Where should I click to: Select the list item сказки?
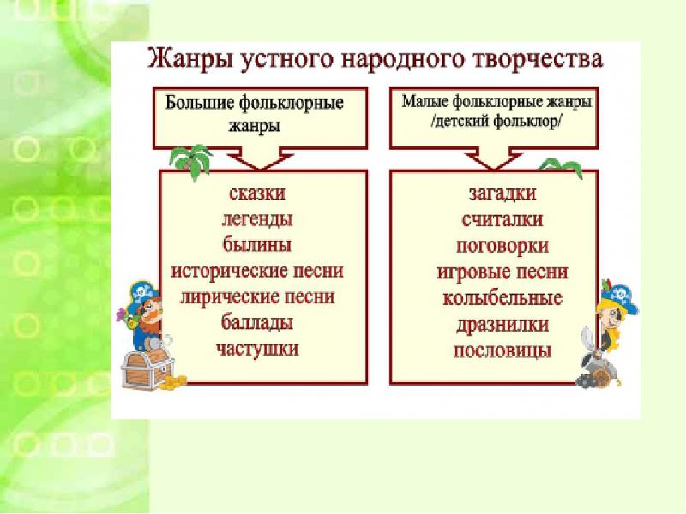click(x=257, y=194)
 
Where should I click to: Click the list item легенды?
click(x=257, y=219)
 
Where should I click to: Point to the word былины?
click(x=257, y=244)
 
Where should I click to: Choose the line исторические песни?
click(x=257, y=271)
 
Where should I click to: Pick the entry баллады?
click(x=257, y=323)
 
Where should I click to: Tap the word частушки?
click(x=257, y=349)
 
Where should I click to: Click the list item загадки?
click(x=502, y=194)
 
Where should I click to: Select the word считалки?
click(x=502, y=219)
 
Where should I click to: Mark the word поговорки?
click(x=502, y=246)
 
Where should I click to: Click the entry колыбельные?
click(x=502, y=298)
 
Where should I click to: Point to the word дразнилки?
click(x=502, y=326)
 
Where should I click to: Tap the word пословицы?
click(x=502, y=351)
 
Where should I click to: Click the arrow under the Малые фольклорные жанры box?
click(x=494, y=158)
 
